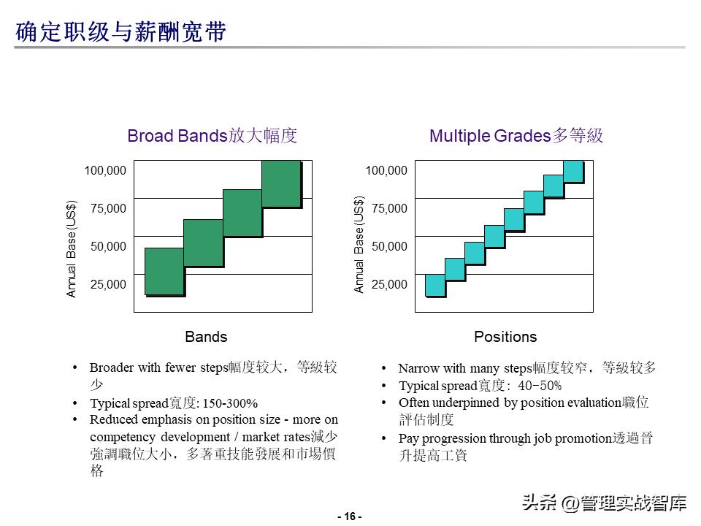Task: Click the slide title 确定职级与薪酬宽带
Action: (121, 33)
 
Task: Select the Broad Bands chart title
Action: (212, 136)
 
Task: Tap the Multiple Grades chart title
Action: (516, 136)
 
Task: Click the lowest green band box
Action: (164, 271)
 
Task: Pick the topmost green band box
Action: (281, 183)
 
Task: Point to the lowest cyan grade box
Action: (435, 285)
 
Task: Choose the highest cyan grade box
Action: (573, 171)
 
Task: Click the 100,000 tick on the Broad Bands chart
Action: (105, 171)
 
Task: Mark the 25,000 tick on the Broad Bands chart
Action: (108, 284)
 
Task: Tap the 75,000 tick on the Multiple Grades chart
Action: (389, 209)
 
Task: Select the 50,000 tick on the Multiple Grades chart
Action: (389, 247)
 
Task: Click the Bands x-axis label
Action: (206, 337)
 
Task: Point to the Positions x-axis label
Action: (505, 337)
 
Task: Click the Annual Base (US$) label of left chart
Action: (72, 249)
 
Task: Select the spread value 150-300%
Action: (229, 403)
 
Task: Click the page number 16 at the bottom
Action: (350, 517)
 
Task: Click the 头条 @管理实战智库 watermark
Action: (604, 503)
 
